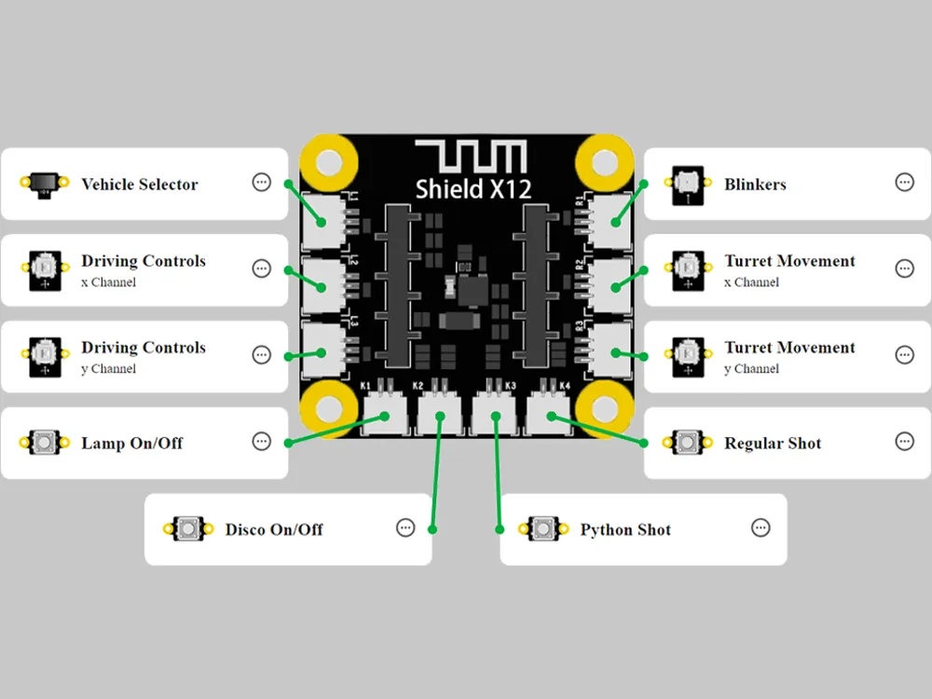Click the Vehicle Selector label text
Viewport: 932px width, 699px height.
[140, 185]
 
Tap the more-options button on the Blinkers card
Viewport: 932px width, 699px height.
[904, 183]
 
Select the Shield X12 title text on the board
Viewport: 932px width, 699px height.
[473, 189]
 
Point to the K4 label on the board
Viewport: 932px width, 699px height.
[564, 386]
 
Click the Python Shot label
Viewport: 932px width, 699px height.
[625, 529]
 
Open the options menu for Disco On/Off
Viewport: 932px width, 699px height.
[405, 528]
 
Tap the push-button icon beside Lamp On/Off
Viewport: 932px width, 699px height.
[44, 443]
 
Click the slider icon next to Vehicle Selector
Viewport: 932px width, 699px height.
[44, 183]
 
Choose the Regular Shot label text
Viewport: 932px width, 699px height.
[772, 444]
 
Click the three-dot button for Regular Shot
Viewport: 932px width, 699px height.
[904, 442]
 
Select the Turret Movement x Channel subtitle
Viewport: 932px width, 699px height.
[751, 282]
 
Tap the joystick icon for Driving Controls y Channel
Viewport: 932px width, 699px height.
[45, 356]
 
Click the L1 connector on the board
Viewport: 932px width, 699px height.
[324, 221]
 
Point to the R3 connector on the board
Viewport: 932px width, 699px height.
[610, 350]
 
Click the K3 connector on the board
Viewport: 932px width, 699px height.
[495, 415]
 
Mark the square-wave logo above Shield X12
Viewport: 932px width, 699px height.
[471, 157]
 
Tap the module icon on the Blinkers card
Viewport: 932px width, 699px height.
[688, 185]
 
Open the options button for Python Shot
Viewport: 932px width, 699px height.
[761, 528]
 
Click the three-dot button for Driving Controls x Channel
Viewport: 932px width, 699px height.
[262, 268]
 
